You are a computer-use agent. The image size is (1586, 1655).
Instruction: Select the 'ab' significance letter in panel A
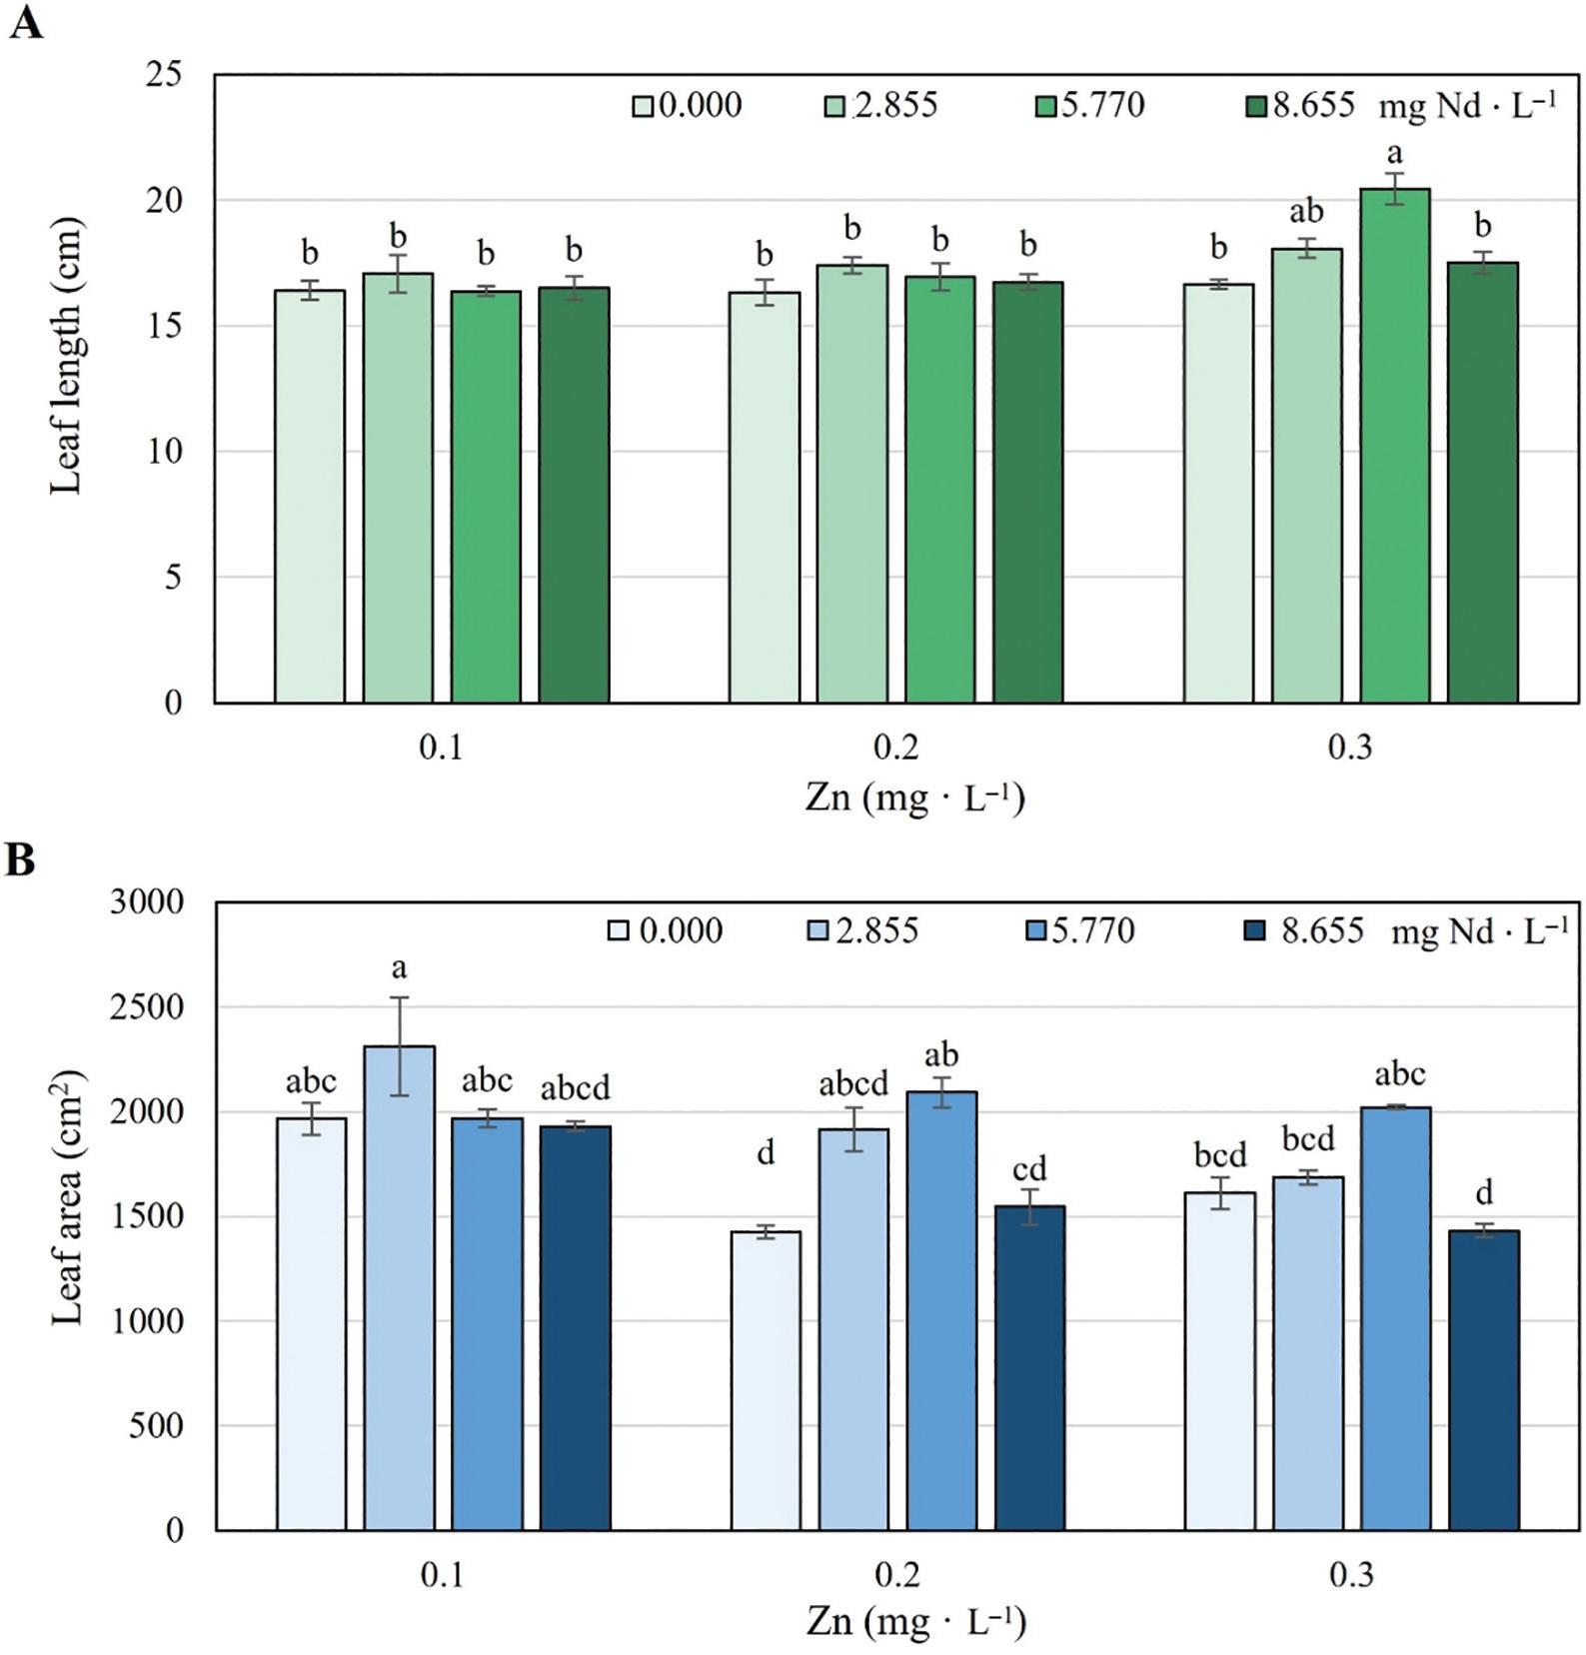coord(1306,212)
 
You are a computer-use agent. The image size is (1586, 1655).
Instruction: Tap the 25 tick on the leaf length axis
coord(164,75)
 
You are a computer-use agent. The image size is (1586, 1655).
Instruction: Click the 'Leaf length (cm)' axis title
coord(66,356)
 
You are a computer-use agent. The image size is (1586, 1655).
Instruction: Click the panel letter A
coord(25,22)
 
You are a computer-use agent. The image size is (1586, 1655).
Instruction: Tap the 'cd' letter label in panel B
coord(1029,1168)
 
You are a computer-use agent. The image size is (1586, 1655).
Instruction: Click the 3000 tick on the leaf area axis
coord(148,901)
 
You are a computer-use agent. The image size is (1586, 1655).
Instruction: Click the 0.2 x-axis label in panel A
coord(896,747)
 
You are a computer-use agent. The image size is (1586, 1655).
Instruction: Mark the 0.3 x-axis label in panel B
coord(1351,1576)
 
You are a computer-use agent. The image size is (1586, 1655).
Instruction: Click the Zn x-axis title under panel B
coord(915,1621)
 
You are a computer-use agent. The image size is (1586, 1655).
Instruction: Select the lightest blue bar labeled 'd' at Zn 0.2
coord(766,1380)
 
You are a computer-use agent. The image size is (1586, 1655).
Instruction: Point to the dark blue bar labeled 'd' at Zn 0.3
coord(1484,1380)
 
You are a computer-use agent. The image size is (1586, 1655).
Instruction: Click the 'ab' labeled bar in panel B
coord(941,1310)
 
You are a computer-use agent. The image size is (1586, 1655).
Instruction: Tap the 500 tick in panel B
coord(156,1425)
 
